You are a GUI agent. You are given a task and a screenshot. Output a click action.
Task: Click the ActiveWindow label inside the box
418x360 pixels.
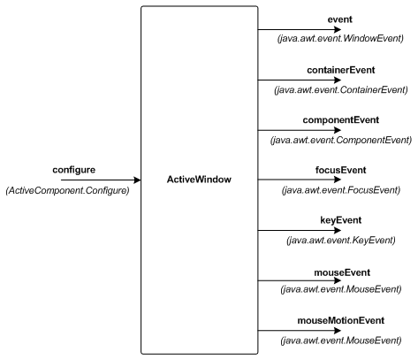(x=199, y=180)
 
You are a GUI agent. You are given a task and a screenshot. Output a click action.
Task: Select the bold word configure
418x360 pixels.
(x=74, y=170)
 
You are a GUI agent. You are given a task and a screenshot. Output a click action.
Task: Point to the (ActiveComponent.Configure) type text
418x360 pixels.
(x=68, y=190)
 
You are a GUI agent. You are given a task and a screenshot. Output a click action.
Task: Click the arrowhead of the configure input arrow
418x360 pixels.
(x=137, y=180)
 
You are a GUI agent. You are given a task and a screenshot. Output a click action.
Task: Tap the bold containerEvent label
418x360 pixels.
(x=341, y=70)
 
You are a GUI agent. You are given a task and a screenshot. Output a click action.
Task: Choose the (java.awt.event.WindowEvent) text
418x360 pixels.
(x=340, y=38)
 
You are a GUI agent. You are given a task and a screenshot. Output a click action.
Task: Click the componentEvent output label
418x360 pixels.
(x=341, y=120)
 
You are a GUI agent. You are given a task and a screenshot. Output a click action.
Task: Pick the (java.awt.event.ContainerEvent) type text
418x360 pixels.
(x=341, y=89)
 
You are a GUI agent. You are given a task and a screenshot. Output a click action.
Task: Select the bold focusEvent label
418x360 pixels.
(x=341, y=170)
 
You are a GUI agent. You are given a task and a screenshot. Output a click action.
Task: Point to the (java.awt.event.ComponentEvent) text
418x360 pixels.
(x=341, y=140)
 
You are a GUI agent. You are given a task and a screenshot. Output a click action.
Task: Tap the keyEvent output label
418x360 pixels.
(x=341, y=220)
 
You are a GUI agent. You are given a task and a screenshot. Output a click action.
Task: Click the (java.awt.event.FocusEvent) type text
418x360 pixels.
(x=341, y=190)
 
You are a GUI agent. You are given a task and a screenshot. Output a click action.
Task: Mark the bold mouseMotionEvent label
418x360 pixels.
(x=341, y=320)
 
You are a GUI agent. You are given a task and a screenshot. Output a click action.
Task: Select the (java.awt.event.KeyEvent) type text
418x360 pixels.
(x=341, y=240)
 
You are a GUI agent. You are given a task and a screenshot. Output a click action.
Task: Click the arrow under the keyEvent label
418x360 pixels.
(x=300, y=230)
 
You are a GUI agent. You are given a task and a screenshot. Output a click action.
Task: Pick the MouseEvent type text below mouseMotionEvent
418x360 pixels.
(x=341, y=341)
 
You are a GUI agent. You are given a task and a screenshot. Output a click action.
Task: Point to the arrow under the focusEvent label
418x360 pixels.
(x=300, y=180)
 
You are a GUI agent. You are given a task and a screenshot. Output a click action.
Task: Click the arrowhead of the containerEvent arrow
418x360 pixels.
(x=338, y=80)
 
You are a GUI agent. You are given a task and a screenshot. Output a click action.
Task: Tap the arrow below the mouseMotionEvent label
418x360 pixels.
(x=300, y=331)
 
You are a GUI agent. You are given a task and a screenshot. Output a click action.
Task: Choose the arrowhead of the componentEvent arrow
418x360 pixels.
(x=338, y=130)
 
